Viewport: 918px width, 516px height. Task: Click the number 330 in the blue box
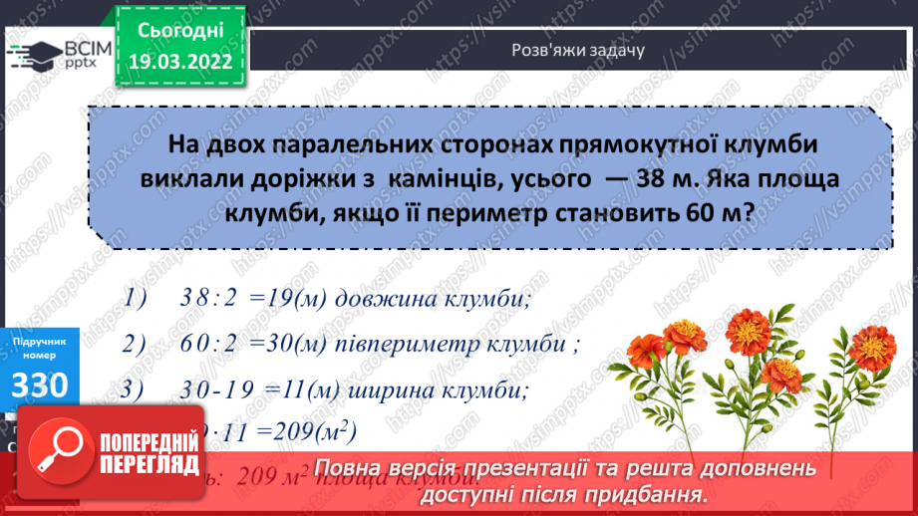coord(40,384)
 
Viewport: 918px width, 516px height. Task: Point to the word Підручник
coord(40,341)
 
